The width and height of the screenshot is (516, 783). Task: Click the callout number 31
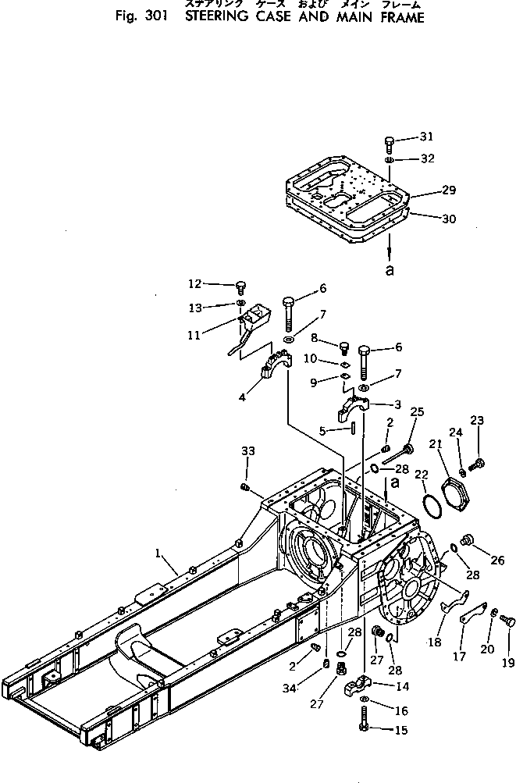click(x=425, y=137)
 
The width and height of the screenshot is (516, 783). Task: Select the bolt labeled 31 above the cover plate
click(x=390, y=143)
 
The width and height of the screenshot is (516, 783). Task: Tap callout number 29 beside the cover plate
click(x=448, y=190)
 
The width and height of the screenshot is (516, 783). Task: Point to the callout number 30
click(x=448, y=219)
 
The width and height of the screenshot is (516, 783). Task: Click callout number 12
click(x=194, y=283)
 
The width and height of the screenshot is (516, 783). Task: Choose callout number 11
click(x=193, y=335)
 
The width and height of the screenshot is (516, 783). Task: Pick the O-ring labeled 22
click(x=426, y=507)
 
